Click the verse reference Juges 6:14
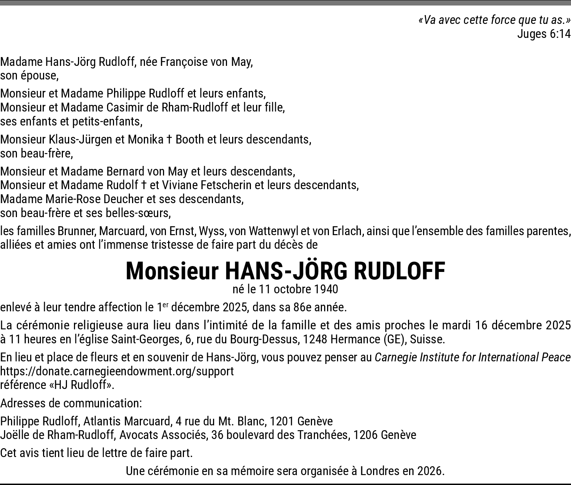[x=544, y=34]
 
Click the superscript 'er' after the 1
[x=166, y=305]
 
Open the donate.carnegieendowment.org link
[x=117, y=371]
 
